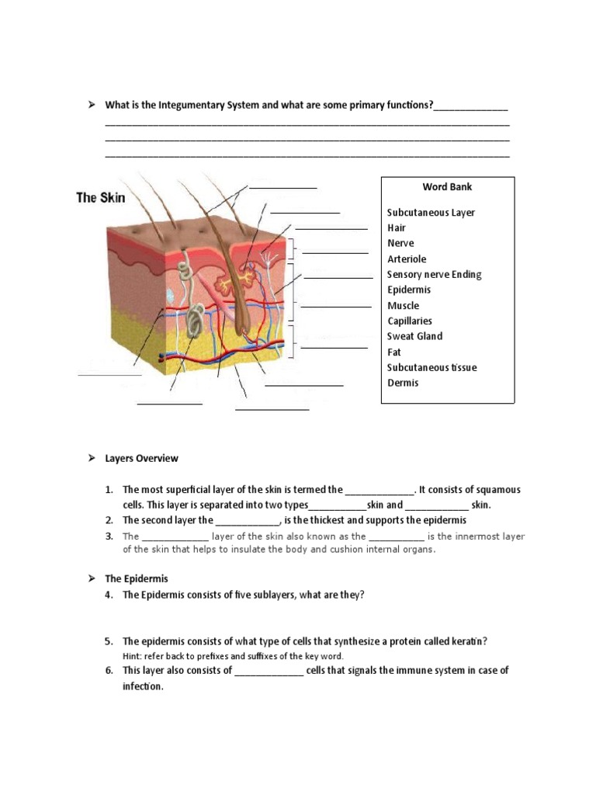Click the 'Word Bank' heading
tap(447, 187)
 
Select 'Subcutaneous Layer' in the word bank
tap(431, 213)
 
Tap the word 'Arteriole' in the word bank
tap(407, 259)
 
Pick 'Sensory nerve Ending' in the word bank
tap(434, 275)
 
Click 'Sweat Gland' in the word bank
tap(414, 336)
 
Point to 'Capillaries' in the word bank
tap(410, 321)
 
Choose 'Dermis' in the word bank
tap(403, 383)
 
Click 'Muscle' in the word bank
tap(403, 306)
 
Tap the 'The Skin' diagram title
tap(100, 198)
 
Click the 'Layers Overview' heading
tap(141, 458)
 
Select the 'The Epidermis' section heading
tap(136, 579)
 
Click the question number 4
tap(109, 595)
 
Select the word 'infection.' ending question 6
tap(143, 686)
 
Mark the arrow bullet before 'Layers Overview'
tap(90, 458)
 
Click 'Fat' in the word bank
tap(394, 352)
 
